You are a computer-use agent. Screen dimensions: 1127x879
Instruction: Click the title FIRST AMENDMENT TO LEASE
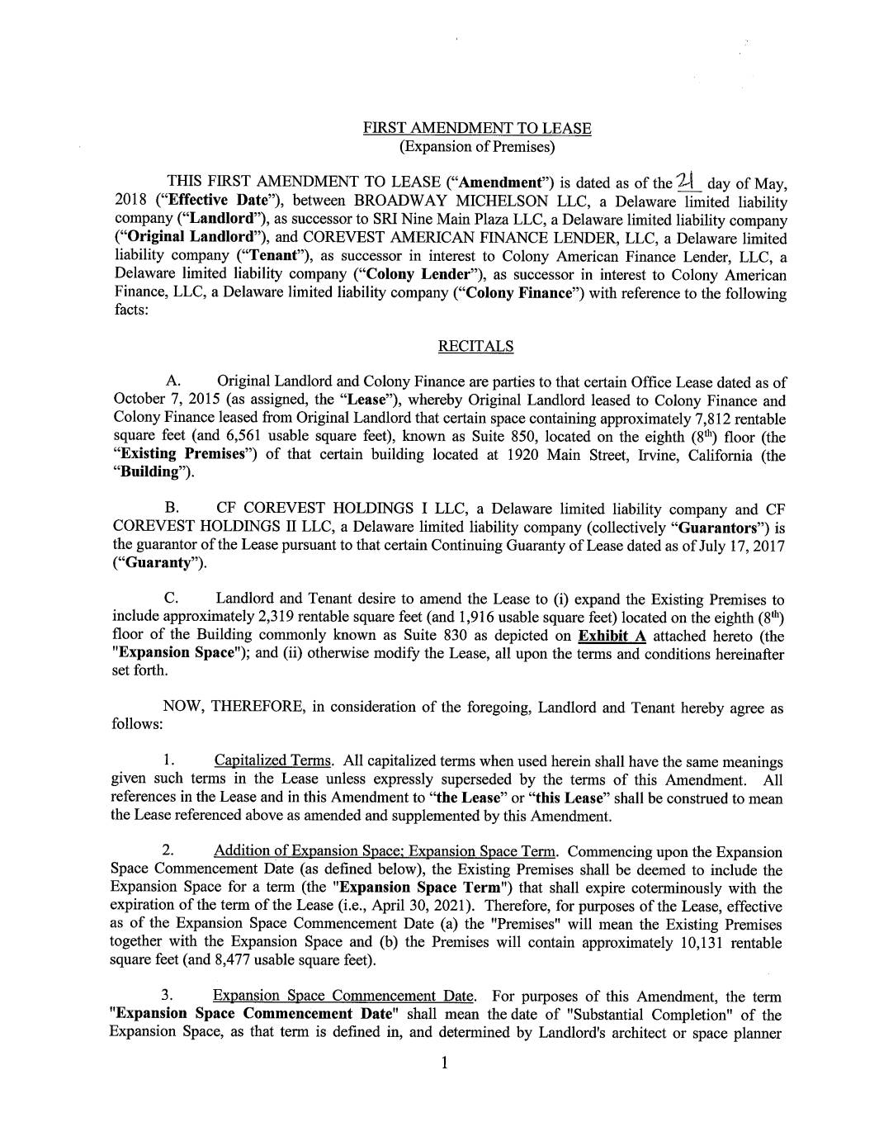click(x=477, y=129)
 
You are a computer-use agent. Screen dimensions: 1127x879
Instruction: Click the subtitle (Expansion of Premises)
click(x=477, y=147)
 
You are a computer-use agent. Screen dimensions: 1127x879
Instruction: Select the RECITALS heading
click(x=475, y=347)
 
